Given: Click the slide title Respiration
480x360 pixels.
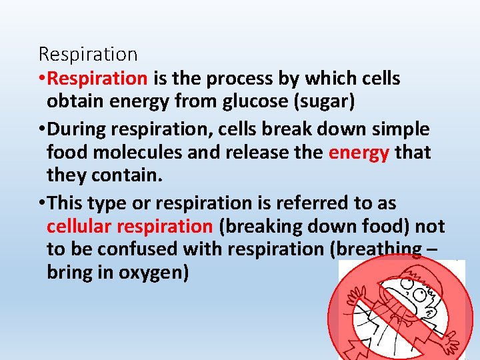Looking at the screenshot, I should click(x=88, y=53).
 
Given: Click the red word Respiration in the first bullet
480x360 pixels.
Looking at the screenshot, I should click(x=98, y=79).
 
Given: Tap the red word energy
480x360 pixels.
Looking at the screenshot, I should click(x=359, y=153).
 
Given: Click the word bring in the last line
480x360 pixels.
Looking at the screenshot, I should click(x=69, y=273).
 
